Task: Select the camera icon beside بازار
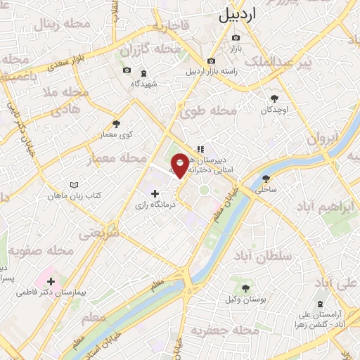coord(235,37)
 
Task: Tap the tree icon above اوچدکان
coord(275,98)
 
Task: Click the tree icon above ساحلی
coord(266,179)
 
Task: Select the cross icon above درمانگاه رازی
coord(155,193)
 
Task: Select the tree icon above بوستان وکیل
coord(245,288)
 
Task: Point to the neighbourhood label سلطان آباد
coord(284,257)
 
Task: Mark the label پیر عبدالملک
coord(314,64)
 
